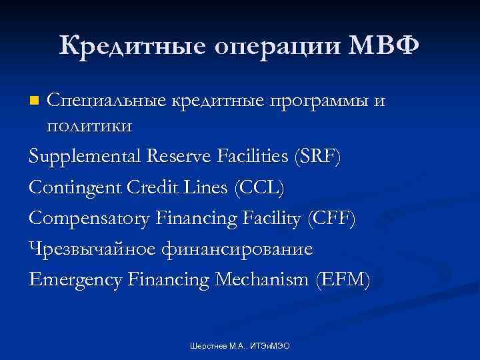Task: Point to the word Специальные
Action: click(x=107, y=102)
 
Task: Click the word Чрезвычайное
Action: click(x=91, y=251)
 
